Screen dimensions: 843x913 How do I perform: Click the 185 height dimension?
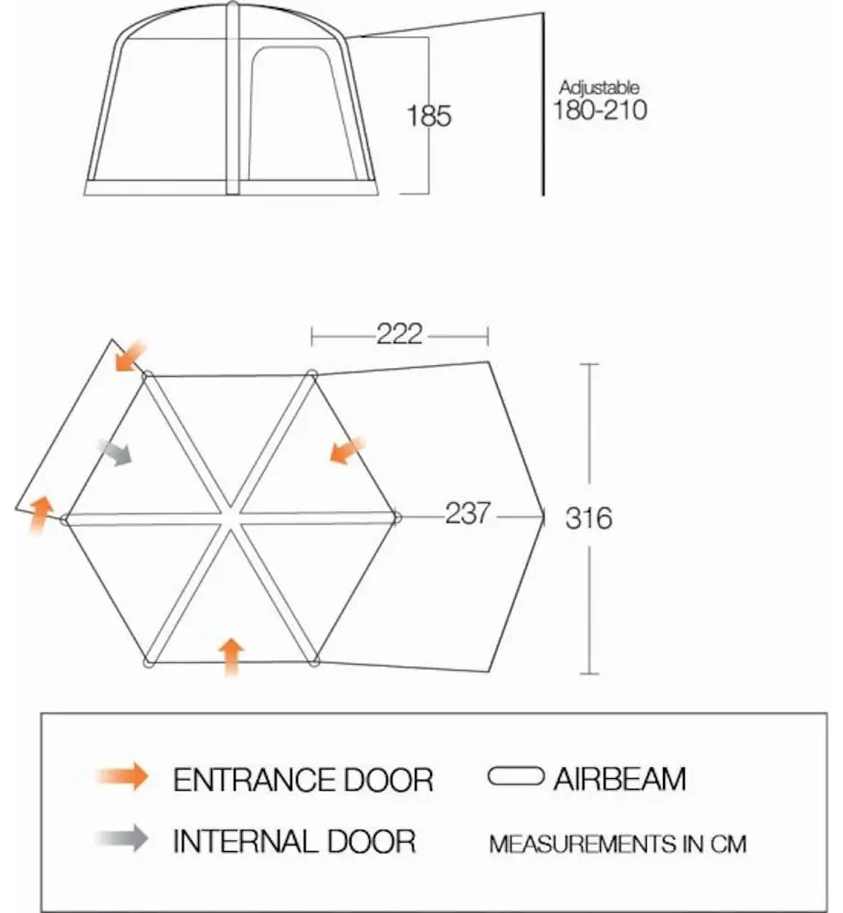click(x=428, y=115)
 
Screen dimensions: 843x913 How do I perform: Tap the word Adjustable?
click(x=599, y=88)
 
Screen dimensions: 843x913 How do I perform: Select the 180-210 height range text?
click(x=599, y=110)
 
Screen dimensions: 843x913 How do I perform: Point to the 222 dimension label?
click(x=399, y=334)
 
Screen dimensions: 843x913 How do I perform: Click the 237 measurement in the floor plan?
click(x=468, y=513)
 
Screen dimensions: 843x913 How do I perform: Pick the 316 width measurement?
click(x=588, y=519)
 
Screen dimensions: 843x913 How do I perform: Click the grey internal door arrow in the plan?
click(x=115, y=452)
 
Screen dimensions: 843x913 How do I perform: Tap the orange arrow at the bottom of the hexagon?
click(x=232, y=656)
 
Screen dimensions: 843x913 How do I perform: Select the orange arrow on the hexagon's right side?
click(x=348, y=450)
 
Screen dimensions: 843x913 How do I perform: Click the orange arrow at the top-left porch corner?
click(x=131, y=356)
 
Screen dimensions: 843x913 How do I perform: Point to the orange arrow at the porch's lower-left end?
click(x=40, y=514)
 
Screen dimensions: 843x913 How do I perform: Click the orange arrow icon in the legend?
click(x=123, y=776)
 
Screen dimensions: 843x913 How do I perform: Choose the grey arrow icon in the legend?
click(x=123, y=838)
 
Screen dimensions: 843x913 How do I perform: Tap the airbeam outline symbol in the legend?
click(x=516, y=776)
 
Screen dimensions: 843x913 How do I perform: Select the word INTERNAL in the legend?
click(x=246, y=842)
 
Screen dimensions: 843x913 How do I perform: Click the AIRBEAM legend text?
click(x=620, y=780)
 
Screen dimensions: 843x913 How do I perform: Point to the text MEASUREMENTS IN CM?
click(x=617, y=845)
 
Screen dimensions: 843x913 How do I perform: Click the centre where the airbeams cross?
click(x=231, y=518)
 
